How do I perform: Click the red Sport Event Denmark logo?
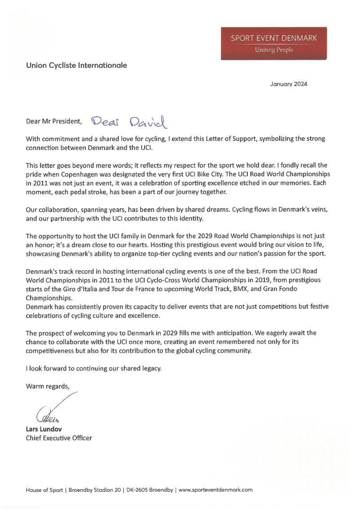pyautogui.click(x=274, y=43)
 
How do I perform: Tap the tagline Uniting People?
pyautogui.click(x=274, y=50)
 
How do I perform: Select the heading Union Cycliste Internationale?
pyautogui.click(x=76, y=66)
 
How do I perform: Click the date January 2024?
pyautogui.click(x=289, y=84)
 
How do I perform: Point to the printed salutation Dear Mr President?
pyautogui.click(x=54, y=121)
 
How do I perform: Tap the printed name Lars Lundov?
pyautogui.click(x=44, y=429)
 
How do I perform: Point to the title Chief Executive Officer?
pyautogui.click(x=59, y=438)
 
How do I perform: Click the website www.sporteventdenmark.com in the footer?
pyautogui.click(x=215, y=490)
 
